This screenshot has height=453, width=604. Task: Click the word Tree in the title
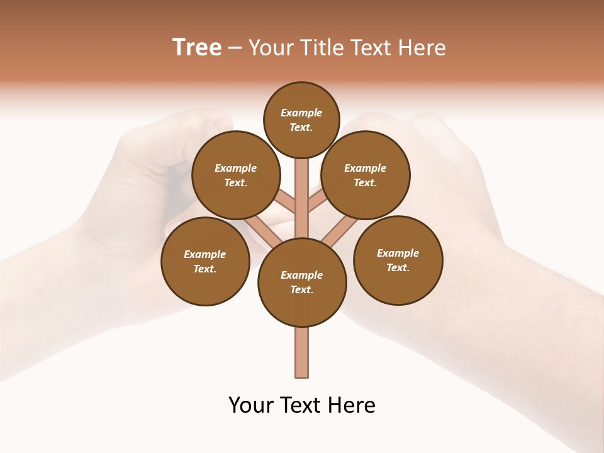click(197, 47)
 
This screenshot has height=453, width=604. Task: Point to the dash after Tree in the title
click(235, 48)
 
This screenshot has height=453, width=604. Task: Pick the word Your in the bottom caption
click(250, 405)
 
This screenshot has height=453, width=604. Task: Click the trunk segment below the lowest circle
click(302, 352)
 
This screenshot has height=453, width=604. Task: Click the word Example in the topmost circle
click(301, 113)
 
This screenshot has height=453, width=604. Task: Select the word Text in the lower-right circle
click(398, 267)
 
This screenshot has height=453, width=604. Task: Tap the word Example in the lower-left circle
click(204, 254)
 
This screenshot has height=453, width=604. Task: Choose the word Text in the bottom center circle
click(302, 289)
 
